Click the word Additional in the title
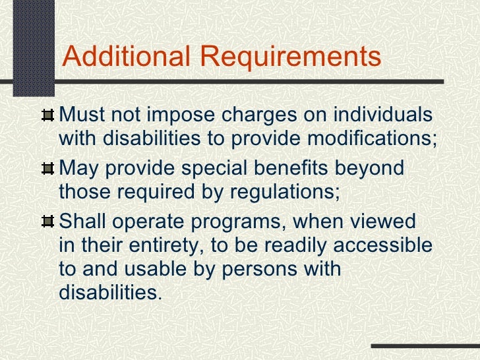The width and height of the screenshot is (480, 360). [x=120, y=57]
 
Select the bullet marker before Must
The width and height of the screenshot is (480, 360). [x=47, y=116]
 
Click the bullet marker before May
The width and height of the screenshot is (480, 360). [x=47, y=169]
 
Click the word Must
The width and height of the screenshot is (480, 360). [x=81, y=115]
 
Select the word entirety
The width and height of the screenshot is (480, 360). [x=142, y=245]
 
